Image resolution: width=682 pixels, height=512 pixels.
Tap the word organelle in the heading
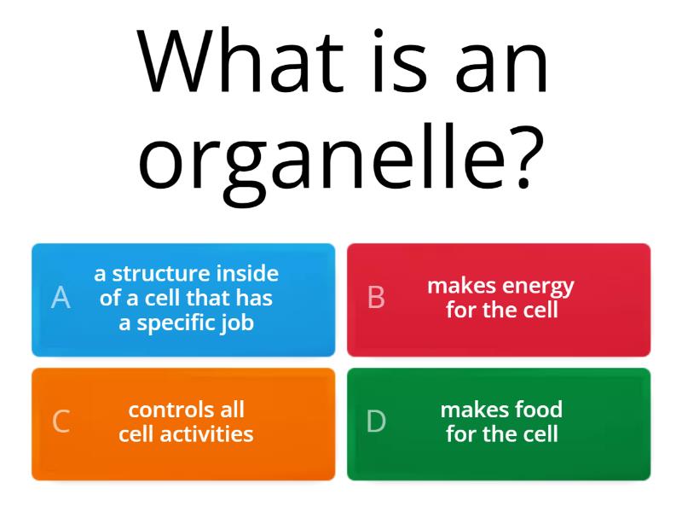tap(324, 158)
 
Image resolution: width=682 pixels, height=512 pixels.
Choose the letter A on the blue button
tap(61, 298)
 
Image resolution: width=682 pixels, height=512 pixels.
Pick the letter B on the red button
tap(376, 298)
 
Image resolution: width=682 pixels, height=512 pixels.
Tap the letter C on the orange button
tap(61, 422)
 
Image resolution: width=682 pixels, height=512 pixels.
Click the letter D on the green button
tap(376, 422)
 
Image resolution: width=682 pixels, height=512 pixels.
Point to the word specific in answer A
tap(172, 323)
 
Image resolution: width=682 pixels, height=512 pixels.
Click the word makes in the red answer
tap(461, 286)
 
